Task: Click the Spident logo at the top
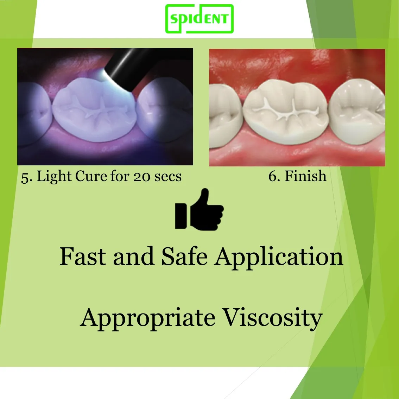(x=199, y=19)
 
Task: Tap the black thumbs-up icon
(x=199, y=210)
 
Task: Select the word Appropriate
(x=148, y=318)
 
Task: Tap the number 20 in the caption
(x=141, y=177)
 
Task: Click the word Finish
(x=305, y=176)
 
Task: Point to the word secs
(x=168, y=177)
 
